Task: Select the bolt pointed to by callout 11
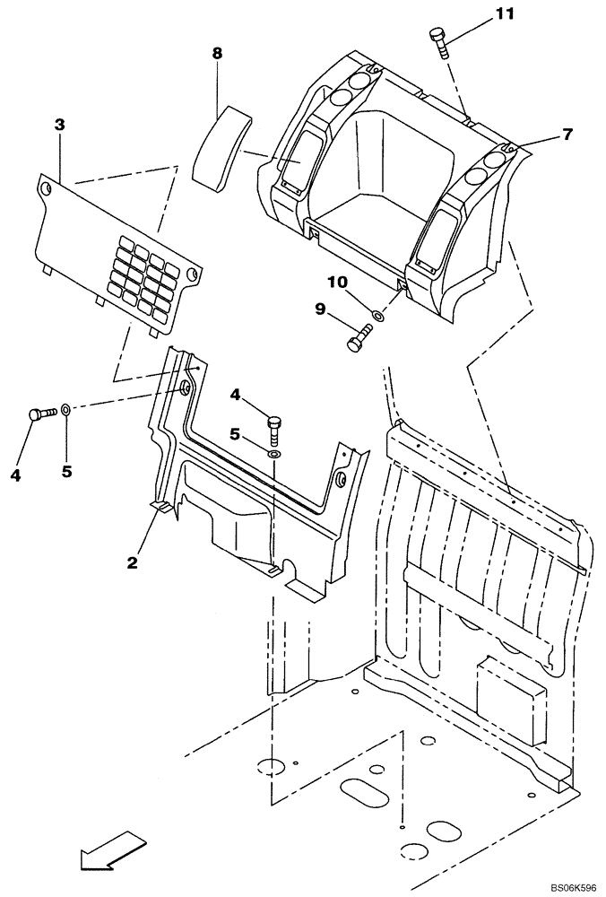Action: (439, 39)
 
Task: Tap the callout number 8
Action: (217, 54)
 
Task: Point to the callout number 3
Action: (59, 125)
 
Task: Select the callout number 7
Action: (567, 135)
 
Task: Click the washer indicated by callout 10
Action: (379, 316)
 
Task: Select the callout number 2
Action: (132, 562)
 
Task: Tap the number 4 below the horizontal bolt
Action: (15, 475)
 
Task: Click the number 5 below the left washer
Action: (66, 471)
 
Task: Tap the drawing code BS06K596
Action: (564, 884)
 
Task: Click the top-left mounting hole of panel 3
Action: (46, 188)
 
